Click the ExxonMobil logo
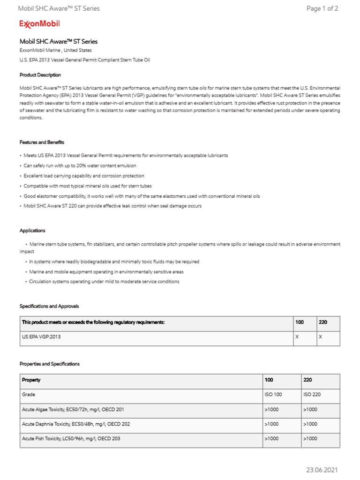click(x=39, y=24)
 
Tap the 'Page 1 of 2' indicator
click(x=322, y=8)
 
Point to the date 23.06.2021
click(x=322, y=470)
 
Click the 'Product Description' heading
click(x=40, y=75)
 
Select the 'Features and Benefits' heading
click(x=42, y=142)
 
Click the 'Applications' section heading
click(x=32, y=231)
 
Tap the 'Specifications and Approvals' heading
click(x=49, y=306)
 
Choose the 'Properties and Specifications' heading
click(x=49, y=364)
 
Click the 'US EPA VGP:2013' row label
click(x=41, y=337)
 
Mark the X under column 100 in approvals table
click(x=297, y=337)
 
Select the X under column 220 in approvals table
click(x=321, y=337)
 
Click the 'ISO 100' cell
click(x=273, y=395)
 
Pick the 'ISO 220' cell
click(x=312, y=395)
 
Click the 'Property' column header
click(x=31, y=380)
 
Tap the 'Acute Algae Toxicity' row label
click(x=73, y=409)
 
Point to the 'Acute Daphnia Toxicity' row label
click(x=76, y=424)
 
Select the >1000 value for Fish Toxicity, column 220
click(x=310, y=438)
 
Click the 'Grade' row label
click(x=29, y=395)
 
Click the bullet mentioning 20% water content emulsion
click(x=80, y=165)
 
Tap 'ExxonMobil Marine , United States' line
click(x=55, y=50)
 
